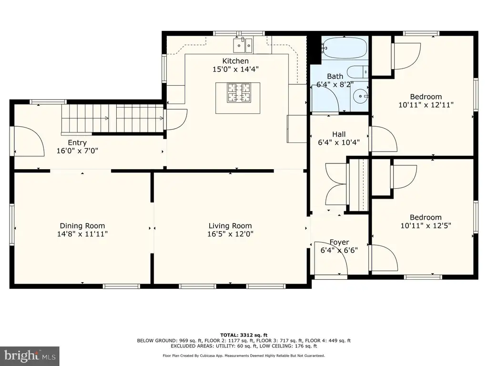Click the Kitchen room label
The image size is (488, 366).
(x=235, y=61)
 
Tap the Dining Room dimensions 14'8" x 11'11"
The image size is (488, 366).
(x=82, y=234)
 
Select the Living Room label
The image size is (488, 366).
(x=230, y=226)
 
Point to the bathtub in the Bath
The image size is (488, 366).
(x=344, y=48)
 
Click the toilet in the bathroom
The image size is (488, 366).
(x=358, y=71)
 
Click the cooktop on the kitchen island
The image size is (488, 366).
(x=239, y=93)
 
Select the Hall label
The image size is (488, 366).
(x=339, y=134)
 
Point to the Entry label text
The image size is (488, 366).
(x=77, y=142)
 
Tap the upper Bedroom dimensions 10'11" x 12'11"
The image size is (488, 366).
(x=426, y=105)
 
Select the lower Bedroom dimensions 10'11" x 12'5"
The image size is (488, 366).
(x=426, y=225)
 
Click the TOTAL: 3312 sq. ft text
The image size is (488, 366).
(x=244, y=335)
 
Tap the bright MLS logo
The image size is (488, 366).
(x=30, y=356)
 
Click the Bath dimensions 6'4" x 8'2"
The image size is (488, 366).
(x=335, y=84)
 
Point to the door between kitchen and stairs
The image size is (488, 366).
(x=176, y=119)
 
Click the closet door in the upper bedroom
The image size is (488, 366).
(x=406, y=56)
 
